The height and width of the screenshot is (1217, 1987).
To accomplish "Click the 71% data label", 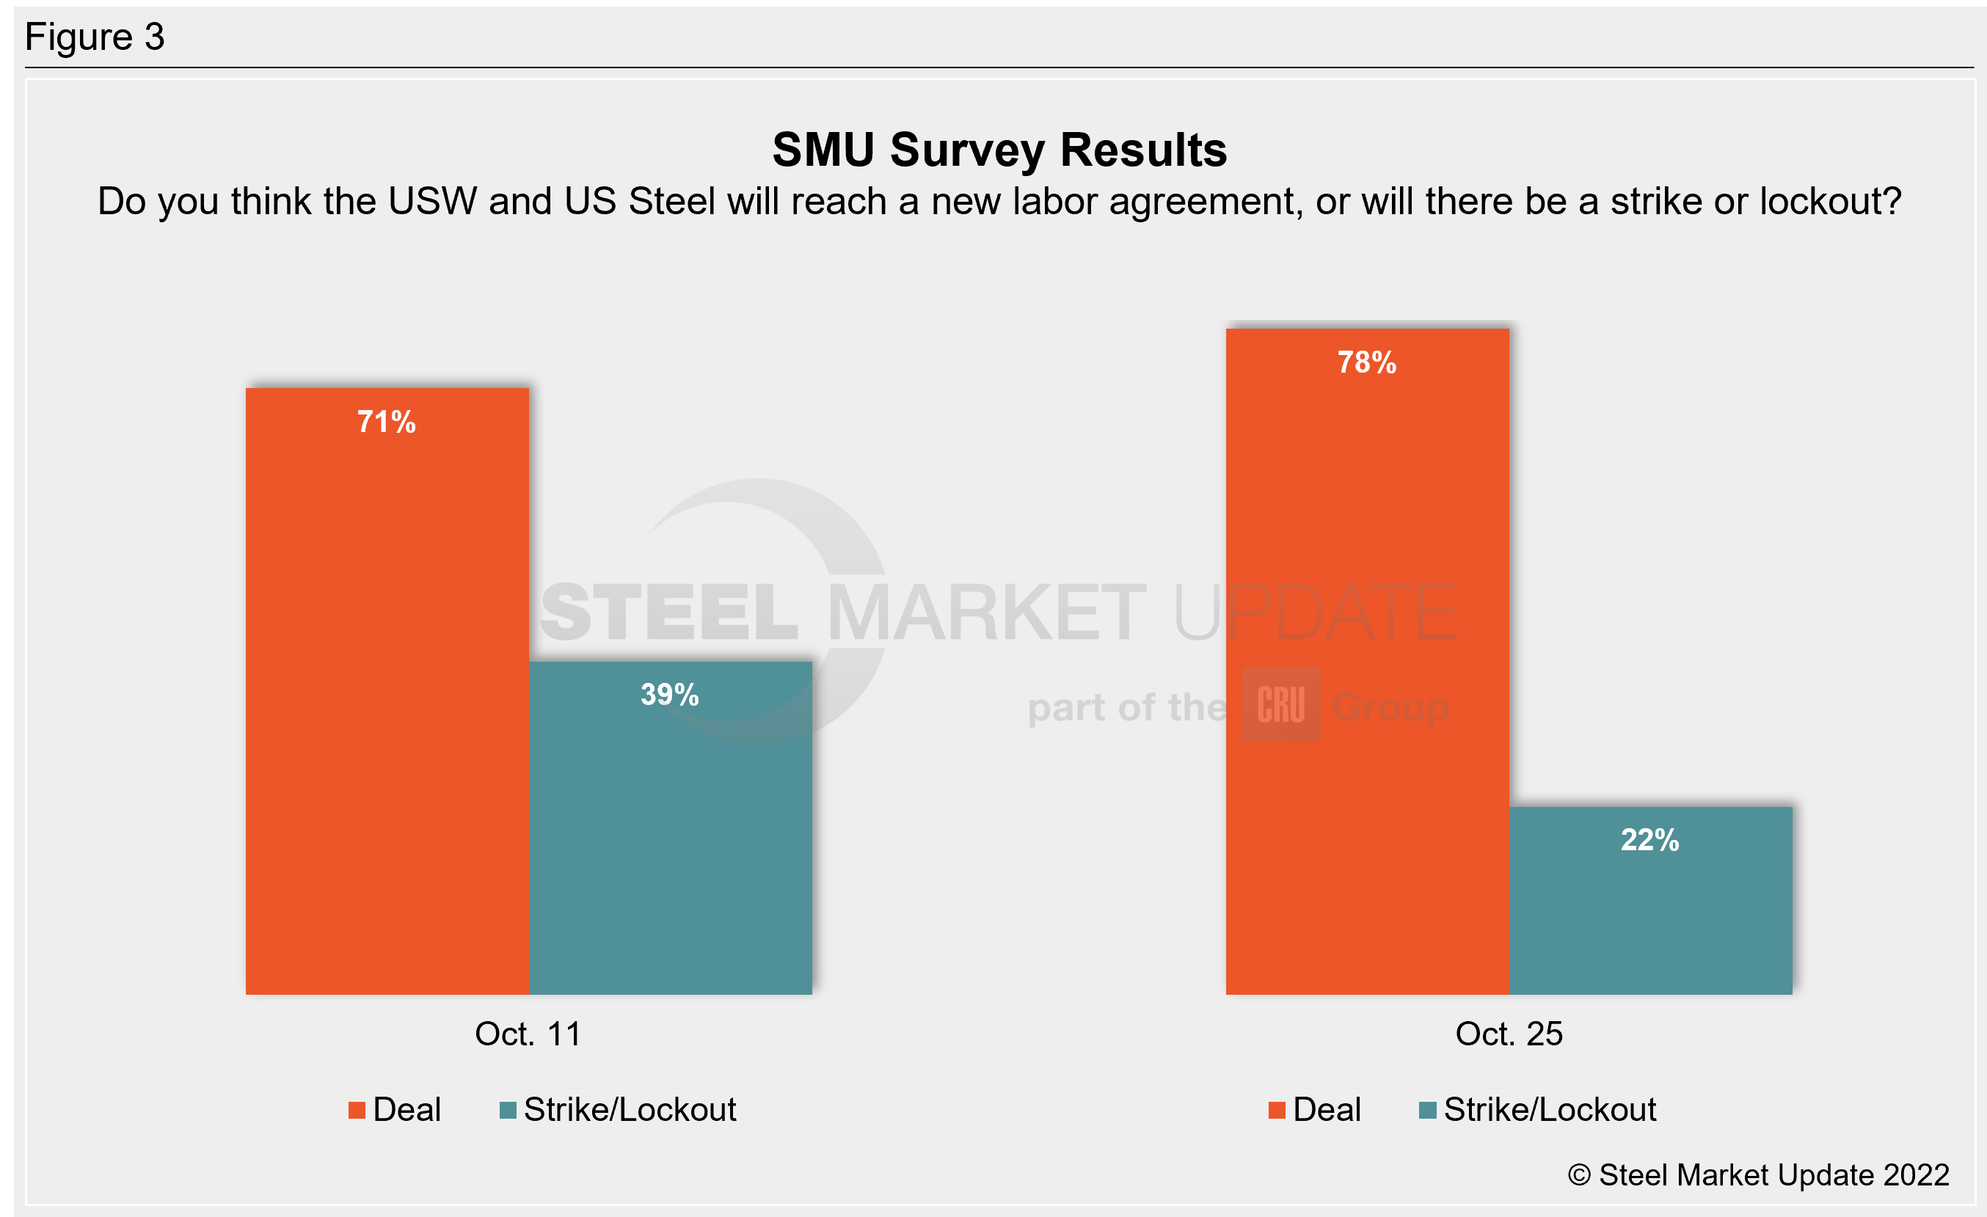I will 386,423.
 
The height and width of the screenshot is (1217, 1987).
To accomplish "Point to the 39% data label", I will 669,695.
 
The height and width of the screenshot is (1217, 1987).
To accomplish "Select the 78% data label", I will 1367,362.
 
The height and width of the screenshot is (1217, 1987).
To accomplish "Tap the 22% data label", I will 1650,840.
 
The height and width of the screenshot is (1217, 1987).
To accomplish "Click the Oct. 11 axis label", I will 528,1034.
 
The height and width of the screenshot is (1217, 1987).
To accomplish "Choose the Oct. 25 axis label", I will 1509,1034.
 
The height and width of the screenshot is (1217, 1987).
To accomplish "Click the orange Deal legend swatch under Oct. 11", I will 357,1111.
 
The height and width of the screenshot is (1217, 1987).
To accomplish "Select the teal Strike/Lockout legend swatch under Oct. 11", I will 508,1111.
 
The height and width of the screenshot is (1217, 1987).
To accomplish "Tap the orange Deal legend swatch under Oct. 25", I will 1277,1111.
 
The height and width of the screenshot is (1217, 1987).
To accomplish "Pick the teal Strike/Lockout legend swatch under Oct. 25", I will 1427,1111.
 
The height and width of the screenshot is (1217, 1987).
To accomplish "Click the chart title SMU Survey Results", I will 999,150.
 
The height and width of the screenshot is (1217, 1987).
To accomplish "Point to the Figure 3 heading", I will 95,37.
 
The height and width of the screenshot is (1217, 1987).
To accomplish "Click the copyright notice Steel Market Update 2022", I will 1758,1175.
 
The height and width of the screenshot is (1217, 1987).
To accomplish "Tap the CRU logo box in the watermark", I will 1280,704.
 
